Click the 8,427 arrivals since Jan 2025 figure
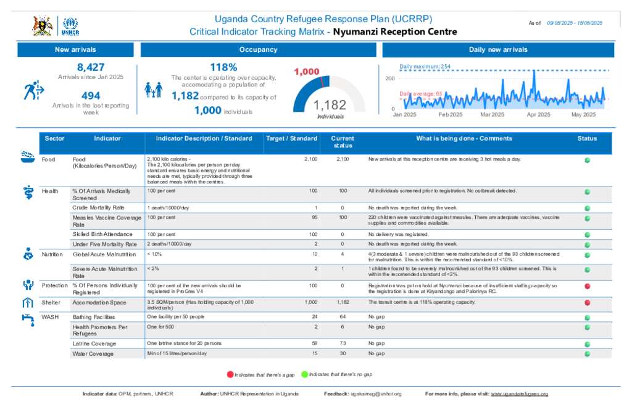tap(91, 67)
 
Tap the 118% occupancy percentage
tap(223, 67)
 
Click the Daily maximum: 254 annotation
tap(425, 66)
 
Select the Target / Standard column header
tap(291, 138)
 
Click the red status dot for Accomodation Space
tap(587, 303)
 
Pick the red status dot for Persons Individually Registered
tap(587, 286)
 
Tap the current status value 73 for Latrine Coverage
tap(343, 343)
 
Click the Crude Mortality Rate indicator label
tap(98, 208)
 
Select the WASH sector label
tap(49, 316)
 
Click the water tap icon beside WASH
tap(27, 318)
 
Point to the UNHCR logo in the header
tap(70, 26)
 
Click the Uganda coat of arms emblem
tap(42, 26)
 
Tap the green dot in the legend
tap(304, 374)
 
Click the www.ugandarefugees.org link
tap(519, 393)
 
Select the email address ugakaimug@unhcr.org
tap(376, 393)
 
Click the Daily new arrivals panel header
tap(497, 50)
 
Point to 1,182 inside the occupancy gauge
tap(330, 105)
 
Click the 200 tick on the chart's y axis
tap(389, 78)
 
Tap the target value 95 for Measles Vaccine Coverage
tap(315, 218)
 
